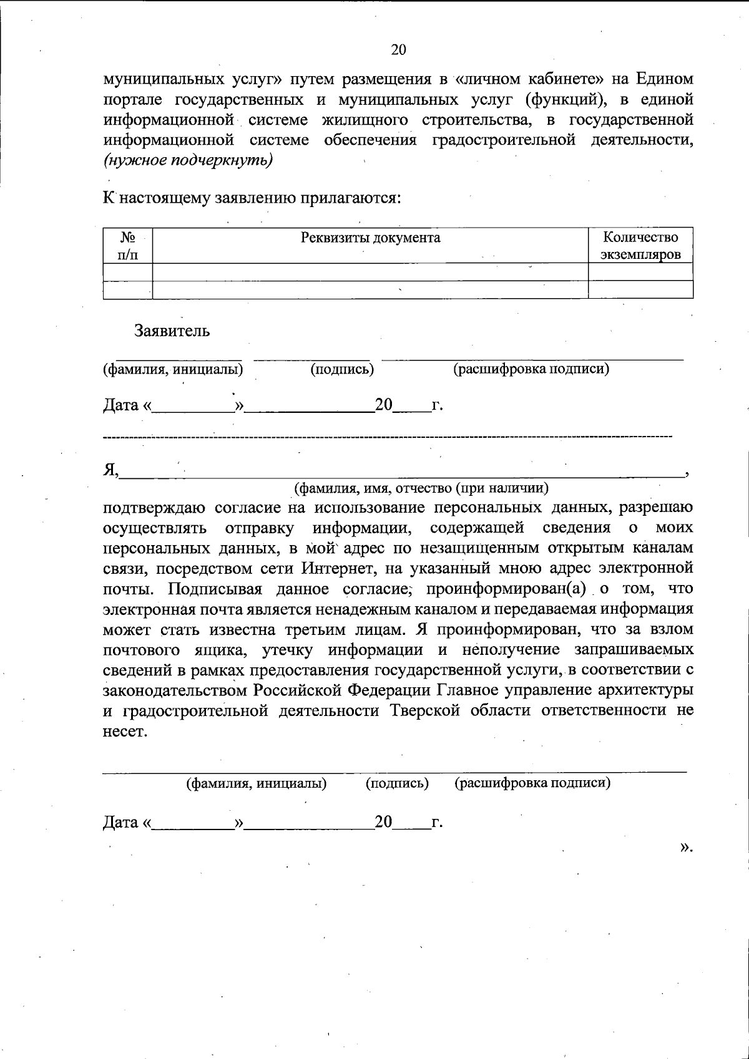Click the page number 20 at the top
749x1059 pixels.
pyautogui.click(x=399, y=51)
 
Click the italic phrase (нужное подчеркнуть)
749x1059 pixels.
pyautogui.click(x=188, y=160)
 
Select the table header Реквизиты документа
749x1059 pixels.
pyautogui.click(x=370, y=238)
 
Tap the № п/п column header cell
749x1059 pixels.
pyautogui.click(x=128, y=246)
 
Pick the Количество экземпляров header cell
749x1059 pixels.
pyautogui.click(x=640, y=246)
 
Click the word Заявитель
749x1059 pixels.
pyautogui.click(x=172, y=331)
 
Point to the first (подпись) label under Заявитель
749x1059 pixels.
pyautogui.click(x=342, y=369)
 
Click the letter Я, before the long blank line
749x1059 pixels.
pyautogui.click(x=110, y=470)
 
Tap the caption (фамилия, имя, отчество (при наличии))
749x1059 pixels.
pyautogui.click(x=422, y=488)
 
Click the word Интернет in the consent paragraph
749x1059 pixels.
pyautogui.click(x=339, y=568)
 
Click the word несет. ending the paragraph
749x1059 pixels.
pyautogui.click(x=125, y=732)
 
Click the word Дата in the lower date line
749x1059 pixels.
pyautogui.click(x=121, y=823)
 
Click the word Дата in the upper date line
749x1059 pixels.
pyautogui.click(x=121, y=405)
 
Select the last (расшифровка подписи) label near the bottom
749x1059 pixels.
pyautogui.click(x=532, y=783)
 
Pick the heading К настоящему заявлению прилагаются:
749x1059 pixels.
pyautogui.click(x=252, y=198)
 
